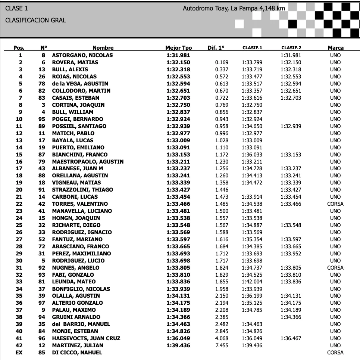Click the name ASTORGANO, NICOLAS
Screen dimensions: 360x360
[x=82, y=55]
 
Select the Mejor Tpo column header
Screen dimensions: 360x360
[x=178, y=48]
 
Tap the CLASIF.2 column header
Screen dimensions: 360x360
[x=291, y=48]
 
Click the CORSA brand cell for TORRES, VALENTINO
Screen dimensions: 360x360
[x=335, y=204]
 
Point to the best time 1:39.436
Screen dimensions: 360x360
[x=178, y=345]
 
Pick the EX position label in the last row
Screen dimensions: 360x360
[x=19, y=353]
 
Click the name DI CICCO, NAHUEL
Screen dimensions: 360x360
[x=77, y=353]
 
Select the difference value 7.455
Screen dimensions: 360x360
[x=222, y=345]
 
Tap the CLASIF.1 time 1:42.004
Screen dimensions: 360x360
[x=252, y=282]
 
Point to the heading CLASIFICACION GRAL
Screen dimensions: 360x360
[x=35, y=20]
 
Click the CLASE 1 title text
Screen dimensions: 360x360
[x=16, y=8]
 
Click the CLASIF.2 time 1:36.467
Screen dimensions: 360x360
[x=291, y=338]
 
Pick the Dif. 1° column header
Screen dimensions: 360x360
[x=216, y=48]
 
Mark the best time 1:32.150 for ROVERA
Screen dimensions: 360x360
[x=178, y=62]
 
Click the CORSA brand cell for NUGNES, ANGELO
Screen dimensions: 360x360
[x=335, y=267]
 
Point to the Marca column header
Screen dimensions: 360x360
[x=335, y=48]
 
